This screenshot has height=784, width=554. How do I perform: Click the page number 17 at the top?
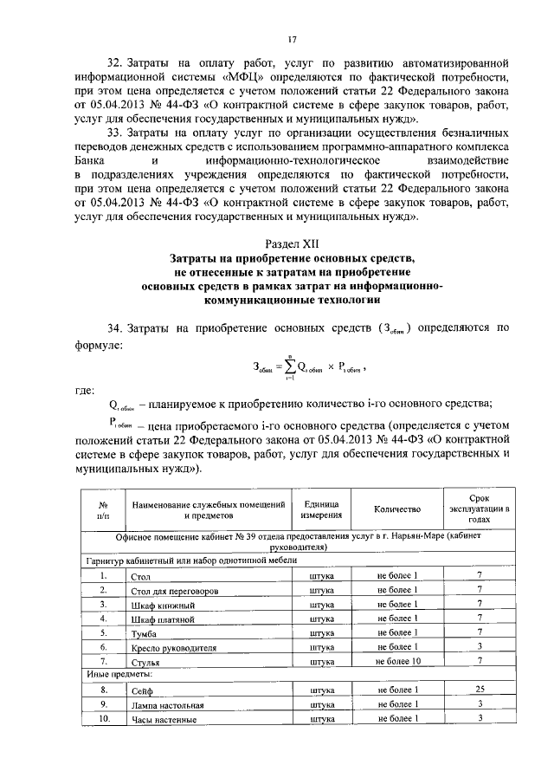pos(293,37)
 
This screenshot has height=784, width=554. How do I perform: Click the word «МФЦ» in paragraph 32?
pos(245,76)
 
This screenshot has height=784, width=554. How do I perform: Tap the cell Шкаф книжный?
pos(159,606)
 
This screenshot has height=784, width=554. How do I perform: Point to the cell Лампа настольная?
pos(165,705)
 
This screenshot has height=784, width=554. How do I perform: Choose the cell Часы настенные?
pos(163,720)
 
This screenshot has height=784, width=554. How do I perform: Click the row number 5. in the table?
pos(102,633)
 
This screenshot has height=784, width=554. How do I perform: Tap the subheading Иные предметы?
pos(117,676)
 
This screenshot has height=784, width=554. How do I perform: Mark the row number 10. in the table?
pos(102,719)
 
